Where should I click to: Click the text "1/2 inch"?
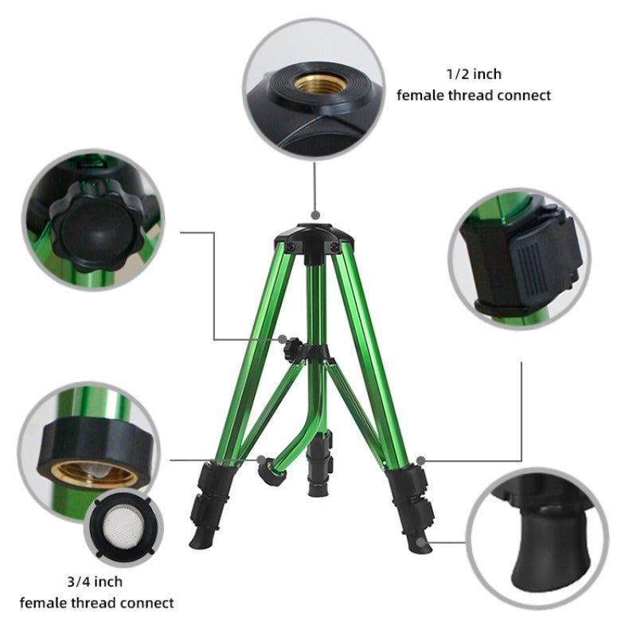474,74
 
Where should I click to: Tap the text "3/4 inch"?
95,582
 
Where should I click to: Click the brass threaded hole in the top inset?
321,84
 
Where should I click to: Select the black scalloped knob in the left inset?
97,225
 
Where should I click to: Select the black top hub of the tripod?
315,240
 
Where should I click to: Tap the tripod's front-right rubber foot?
420,543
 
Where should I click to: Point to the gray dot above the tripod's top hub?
315,215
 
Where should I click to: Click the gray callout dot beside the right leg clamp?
421,461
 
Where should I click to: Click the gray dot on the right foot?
422,542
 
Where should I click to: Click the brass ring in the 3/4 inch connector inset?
94,473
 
